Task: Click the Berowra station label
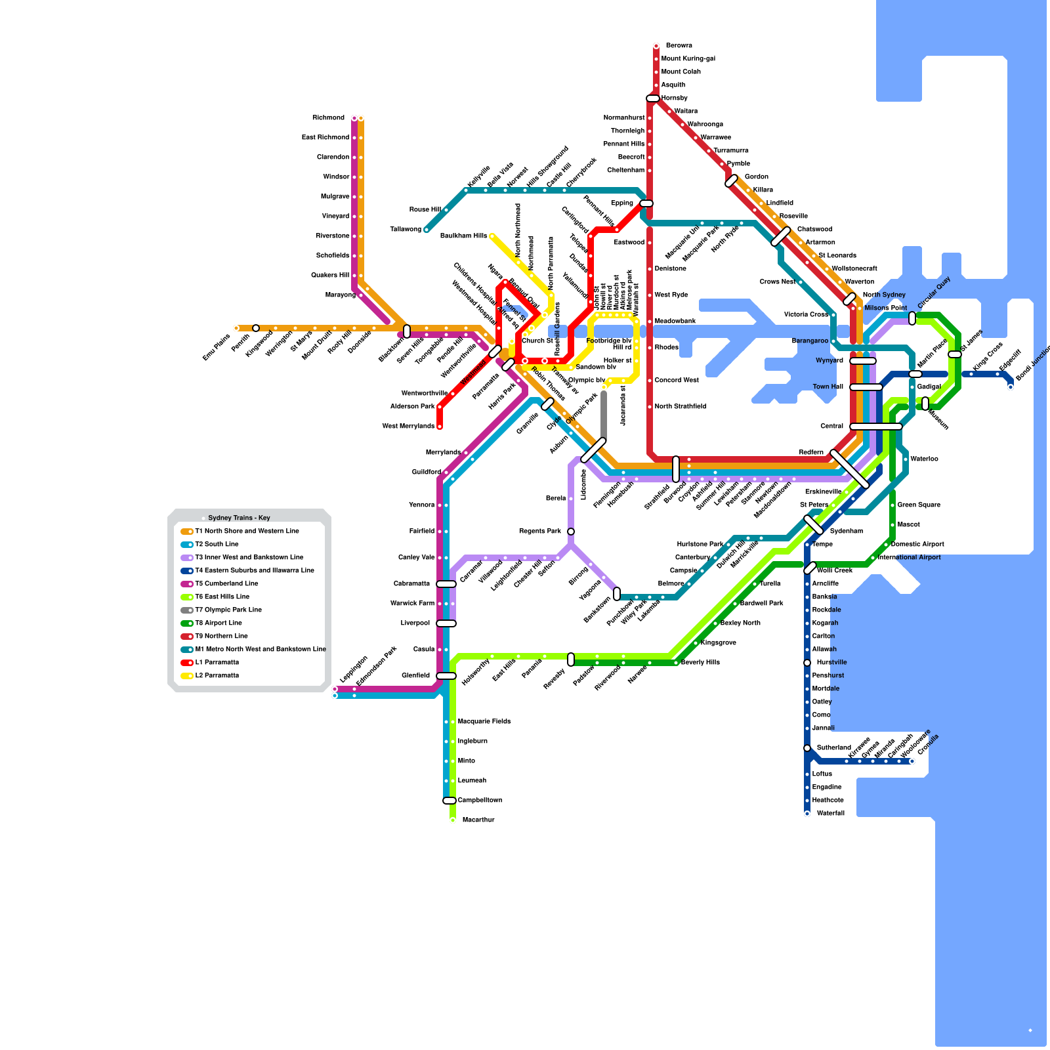(679, 46)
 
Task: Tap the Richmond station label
(328, 118)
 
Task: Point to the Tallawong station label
(406, 230)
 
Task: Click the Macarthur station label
(478, 820)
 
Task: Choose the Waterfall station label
(831, 814)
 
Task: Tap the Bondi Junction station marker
(1011, 387)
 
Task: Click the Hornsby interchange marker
(653, 98)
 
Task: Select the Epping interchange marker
(646, 203)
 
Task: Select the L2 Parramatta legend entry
(217, 676)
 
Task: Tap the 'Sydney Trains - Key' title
(239, 518)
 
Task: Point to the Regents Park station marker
(571, 532)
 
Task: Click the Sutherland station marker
(807, 748)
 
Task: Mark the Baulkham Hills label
(463, 236)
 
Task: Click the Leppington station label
(353, 669)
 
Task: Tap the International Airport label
(909, 558)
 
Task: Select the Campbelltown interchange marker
(450, 801)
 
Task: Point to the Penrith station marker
(256, 328)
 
